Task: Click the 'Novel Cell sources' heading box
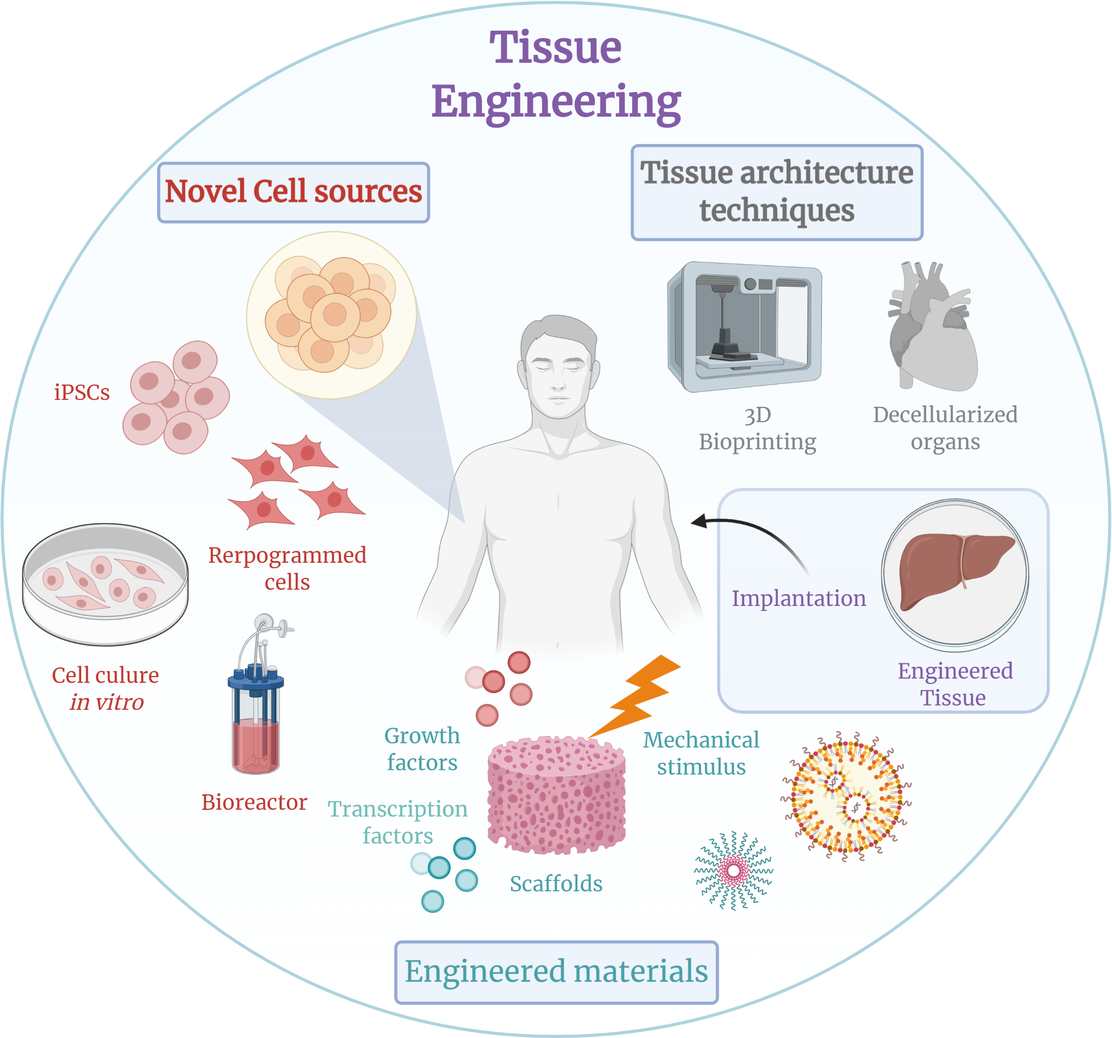[293, 192]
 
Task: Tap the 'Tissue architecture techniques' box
[776, 192]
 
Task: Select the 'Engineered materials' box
[556, 971]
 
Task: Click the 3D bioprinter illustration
[744, 327]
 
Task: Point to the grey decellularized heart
[933, 330]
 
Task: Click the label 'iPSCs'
[82, 393]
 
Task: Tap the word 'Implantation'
[798, 598]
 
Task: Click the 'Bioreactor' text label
[254, 802]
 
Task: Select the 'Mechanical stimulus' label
[701, 753]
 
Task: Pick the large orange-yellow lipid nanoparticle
[845, 796]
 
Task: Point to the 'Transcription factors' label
[397, 822]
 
